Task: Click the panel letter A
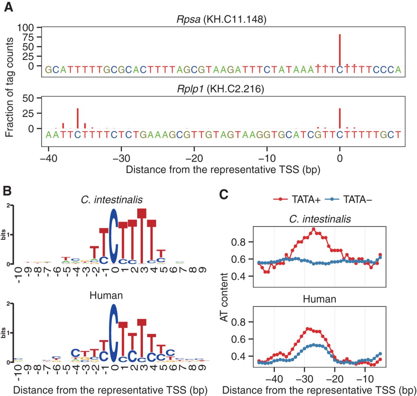(x=9, y=7)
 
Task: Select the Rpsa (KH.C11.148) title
(x=221, y=19)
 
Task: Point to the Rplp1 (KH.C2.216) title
(x=220, y=89)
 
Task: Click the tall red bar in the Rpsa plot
(x=340, y=49)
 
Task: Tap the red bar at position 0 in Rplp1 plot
(x=340, y=118)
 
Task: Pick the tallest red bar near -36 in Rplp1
(x=78, y=118)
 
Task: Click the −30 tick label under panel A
(x=121, y=159)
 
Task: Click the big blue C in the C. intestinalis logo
(x=113, y=236)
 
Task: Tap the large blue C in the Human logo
(x=113, y=333)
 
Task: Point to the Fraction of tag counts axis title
(x=9, y=87)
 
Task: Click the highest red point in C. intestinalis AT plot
(x=313, y=229)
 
